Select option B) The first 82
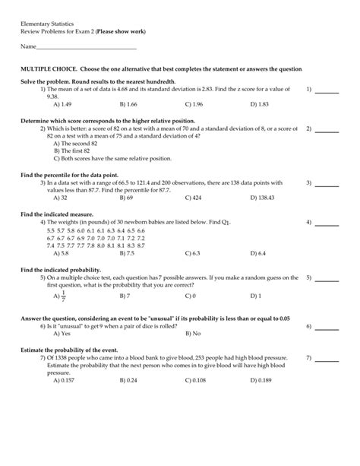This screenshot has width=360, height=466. (72, 151)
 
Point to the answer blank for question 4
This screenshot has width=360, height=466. (327, 223)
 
